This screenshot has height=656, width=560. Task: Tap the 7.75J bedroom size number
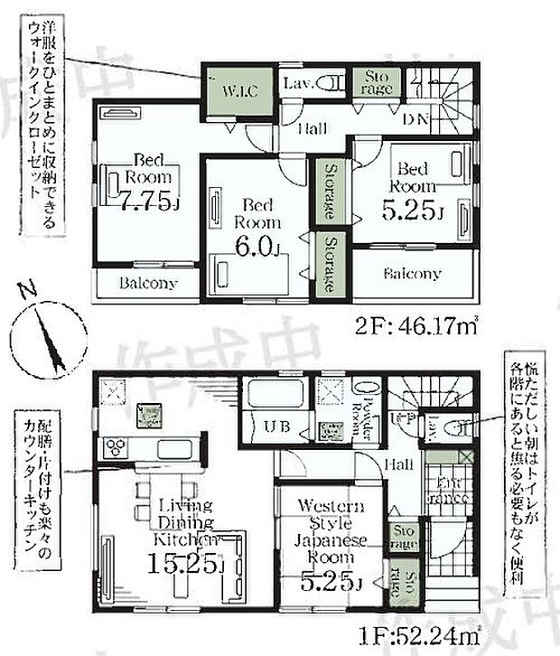145,201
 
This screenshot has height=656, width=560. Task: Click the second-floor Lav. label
298,84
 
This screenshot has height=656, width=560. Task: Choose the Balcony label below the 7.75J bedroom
148,283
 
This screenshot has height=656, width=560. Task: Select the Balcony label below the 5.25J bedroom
412,273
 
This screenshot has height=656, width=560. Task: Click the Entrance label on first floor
446,489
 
